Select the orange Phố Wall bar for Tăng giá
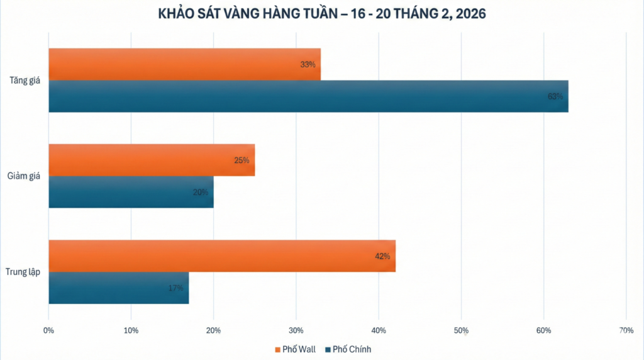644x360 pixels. pos(184,64)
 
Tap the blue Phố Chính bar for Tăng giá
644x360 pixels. pos(308,96)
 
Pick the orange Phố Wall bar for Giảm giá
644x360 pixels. pos(152,160)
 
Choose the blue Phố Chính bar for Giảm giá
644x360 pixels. pos(131,192)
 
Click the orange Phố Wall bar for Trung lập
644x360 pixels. pos(222,256)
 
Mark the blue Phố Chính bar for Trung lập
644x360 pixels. pos(118,288)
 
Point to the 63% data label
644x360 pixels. pos(555,96)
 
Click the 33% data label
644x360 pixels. pos(308,64)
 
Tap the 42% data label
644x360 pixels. pos(382,256)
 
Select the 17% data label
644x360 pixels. pos(175,288)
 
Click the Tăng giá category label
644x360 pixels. pos(25,81)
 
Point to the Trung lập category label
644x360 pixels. pos(23,273)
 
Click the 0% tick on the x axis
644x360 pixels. pos(48,330)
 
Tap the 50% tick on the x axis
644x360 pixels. pos(461,330)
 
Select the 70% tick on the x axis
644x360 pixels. pos(626,330)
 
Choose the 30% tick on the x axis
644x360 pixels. pos(296,330)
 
